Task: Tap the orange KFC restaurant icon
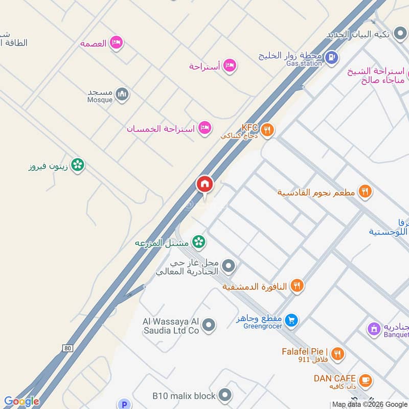(x=267, y=130)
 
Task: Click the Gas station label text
(x=304, y=63)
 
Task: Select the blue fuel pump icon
(x=332, y=57)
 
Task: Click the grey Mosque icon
(x=122, y=94)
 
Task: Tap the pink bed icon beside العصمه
(x=117, y=43)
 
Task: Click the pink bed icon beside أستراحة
(x=231, y=65)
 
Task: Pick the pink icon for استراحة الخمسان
(x=205, y=128)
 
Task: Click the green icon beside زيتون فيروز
(x=78, y=165)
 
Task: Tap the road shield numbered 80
(x=67, y=348)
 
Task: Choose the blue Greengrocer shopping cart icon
(x=291, y=321)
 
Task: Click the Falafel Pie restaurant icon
(x=337, y=353)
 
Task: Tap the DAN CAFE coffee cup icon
(x=365, y=380)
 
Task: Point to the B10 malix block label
(x=184, y=395)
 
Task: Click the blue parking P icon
(x=124, y=404)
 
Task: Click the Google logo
(x=21, y=401)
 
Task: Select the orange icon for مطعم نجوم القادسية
(x=365, y=192)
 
